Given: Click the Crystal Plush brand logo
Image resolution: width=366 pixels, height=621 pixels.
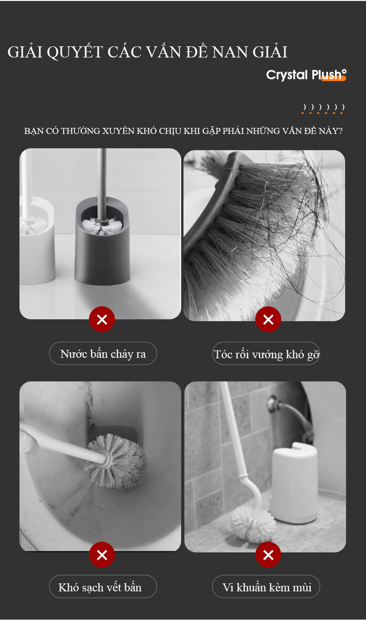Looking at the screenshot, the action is pos(306,75).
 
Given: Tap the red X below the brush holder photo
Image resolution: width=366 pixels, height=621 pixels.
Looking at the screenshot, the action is pos(102,319).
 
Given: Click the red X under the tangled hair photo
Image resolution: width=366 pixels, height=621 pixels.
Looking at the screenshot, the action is pos(268,319).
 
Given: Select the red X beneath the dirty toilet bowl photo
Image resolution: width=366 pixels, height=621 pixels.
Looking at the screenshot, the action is pos(102,555).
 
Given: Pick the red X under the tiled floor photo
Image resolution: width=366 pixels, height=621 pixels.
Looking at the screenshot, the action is pos(268,555).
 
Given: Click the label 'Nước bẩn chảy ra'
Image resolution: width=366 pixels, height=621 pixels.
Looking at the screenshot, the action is pos(103,354).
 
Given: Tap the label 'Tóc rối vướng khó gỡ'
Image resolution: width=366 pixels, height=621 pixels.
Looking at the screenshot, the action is pos(266,354).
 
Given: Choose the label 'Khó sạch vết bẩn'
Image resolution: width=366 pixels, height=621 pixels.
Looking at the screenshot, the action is pos(100,587).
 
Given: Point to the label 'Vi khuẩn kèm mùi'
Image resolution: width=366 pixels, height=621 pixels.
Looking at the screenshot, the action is pos(266,587).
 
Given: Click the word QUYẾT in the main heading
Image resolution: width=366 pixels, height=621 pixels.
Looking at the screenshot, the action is pos(75,51).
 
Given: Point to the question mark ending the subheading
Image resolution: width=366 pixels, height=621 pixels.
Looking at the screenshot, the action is pos(341,131).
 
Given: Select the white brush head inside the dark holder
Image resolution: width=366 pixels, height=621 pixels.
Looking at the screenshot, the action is pos(102,226).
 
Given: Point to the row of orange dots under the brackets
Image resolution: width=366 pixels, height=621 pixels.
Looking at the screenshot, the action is pos(322,113).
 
